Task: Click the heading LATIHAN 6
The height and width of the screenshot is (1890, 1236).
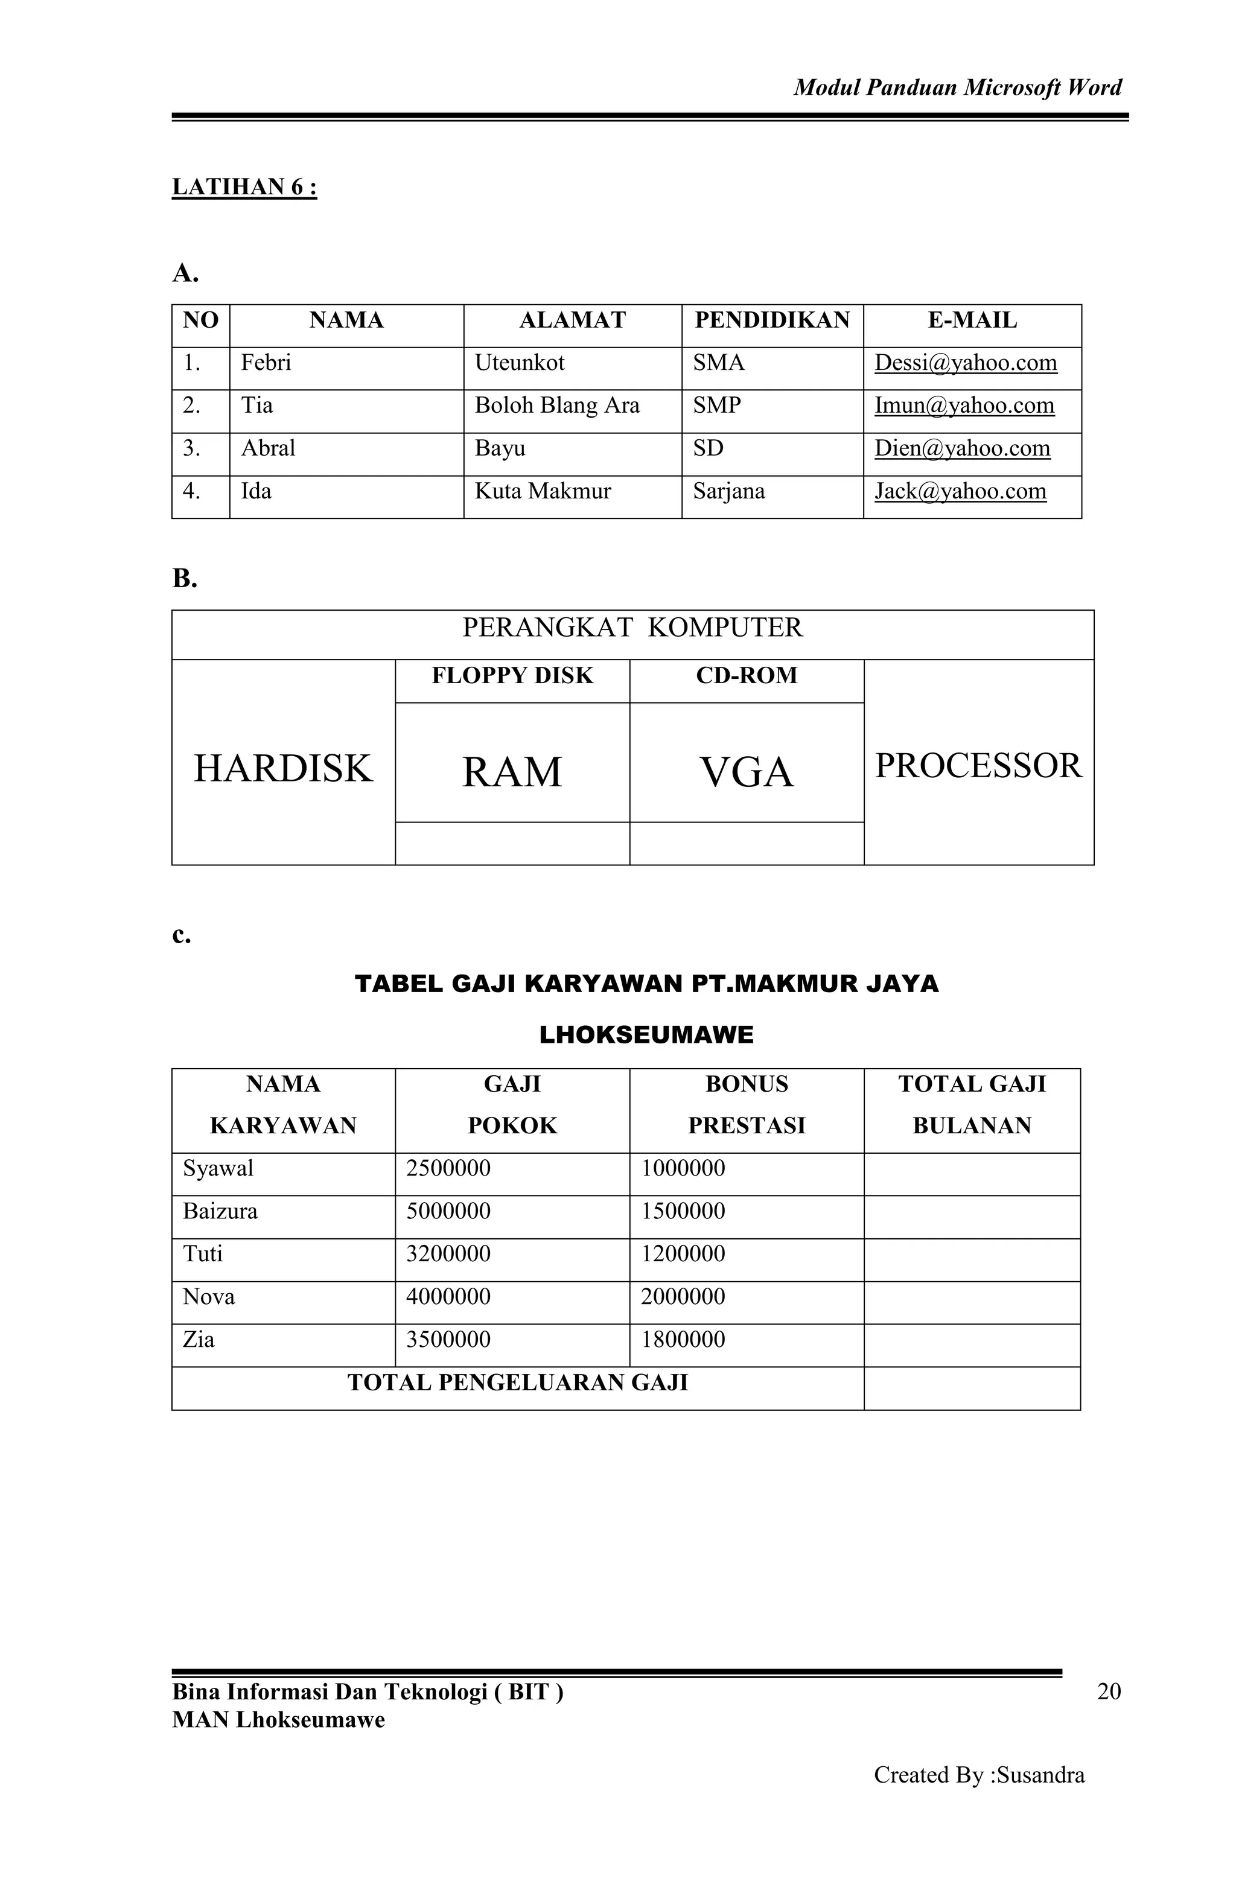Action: (244, 188)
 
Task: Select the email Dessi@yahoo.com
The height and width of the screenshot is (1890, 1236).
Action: (965, 363)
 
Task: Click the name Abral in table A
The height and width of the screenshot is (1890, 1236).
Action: (268, 449)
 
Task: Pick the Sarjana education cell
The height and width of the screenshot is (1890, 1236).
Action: (728, 492)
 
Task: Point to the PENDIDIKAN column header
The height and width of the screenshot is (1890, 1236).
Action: (771, 321)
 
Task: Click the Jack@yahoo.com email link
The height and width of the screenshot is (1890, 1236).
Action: (960, 492)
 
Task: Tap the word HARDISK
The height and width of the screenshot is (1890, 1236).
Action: (283, 769)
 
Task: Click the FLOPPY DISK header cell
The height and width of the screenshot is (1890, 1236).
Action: (512, 676)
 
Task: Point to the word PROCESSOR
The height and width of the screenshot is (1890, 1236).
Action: (978, 766)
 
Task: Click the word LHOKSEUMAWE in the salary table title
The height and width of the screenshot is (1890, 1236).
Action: (646, 1035)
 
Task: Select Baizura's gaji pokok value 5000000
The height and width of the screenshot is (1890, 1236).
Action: (448, 1211)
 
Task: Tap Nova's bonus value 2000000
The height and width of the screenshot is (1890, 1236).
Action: (683, 1297)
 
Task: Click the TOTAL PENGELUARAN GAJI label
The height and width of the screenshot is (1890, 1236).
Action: (517, 1382)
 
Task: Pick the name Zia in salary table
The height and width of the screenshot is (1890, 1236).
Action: (199, 1340)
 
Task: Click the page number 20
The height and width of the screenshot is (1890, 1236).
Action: (1108, 1691)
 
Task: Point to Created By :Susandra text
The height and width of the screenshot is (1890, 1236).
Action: (979, 1775)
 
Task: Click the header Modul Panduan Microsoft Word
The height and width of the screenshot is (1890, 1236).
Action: (957, 87)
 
